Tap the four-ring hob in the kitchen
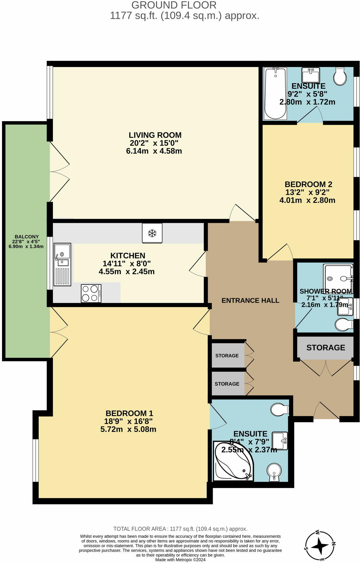(x=91, y=293)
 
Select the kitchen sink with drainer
(x=62, y=264)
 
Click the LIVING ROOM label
(x=155, y=135)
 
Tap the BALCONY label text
(x=26, y=237)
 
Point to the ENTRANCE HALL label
(x=250, y=301)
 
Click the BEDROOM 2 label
(x=308, y=184)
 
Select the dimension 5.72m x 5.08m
(x=128, y=429)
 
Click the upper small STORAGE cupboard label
(x=227, y=356)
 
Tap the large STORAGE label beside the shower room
(x=326, y=348)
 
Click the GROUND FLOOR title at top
(x=174, y=5)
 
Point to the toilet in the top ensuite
(x=340, y=76)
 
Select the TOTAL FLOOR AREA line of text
(x=180, y=529)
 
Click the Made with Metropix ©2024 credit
(x=180, y=560)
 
